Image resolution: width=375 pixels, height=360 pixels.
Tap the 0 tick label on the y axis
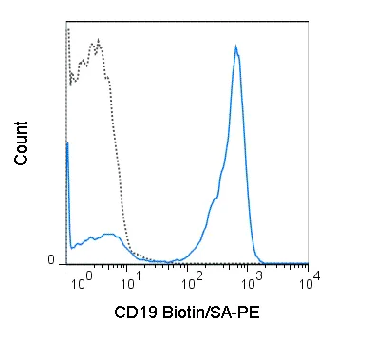[51, 260]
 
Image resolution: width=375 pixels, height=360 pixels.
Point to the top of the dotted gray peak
[97, 40]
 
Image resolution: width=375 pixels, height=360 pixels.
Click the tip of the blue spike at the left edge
[67, 142]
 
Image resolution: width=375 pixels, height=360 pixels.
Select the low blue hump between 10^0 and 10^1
[107, 234]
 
